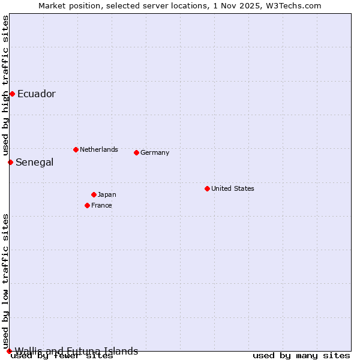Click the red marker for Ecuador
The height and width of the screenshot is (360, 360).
tap(12, 94)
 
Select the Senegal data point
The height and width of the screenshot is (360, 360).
tap(10, 162)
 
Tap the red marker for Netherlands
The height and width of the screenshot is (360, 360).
tap(76, 149)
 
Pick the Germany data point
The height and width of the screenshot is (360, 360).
tap(136, 152)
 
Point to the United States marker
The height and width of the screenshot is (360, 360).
tap(207, 188)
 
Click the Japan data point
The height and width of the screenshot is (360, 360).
tap(94, 194)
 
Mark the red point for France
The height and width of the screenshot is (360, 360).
tap(87, 205)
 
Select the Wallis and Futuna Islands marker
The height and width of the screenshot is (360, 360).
tap(9, 351)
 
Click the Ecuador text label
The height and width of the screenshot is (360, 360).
tap(37, 94)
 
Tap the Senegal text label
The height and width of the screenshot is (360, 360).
tap(35, 162)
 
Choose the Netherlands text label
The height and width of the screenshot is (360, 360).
tap(99, 149)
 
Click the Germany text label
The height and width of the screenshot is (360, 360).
tap(155, 152)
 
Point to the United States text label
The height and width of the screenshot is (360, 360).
tap(233, 188)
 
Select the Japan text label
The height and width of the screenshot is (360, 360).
tap(107, 194)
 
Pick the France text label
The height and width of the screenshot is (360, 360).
tap(101, 205)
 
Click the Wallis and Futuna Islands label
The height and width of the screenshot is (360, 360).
tap(76, 351)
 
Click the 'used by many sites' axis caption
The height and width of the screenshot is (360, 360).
tap(301, 356)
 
